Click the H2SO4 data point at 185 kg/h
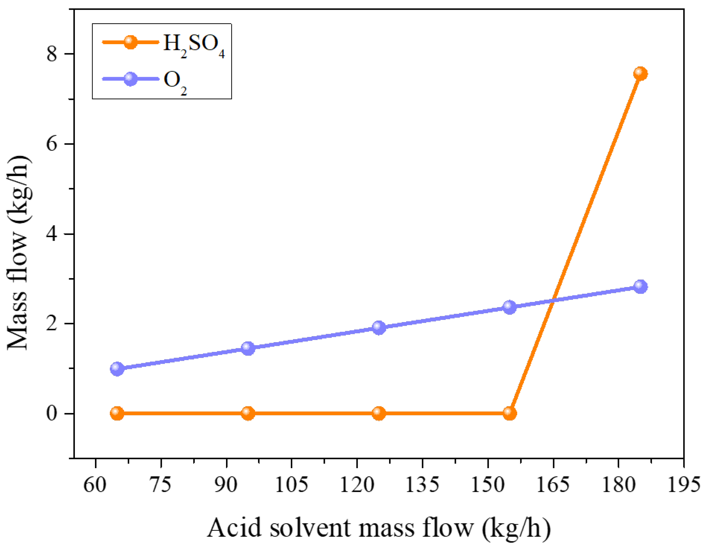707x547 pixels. (x=640, y=74)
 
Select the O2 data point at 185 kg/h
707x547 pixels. (x=640, y=286)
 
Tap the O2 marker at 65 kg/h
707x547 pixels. (x=117, y=369)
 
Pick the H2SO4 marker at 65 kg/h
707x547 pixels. (x=117, y=413)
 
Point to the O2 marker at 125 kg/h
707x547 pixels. (x=379, y=328)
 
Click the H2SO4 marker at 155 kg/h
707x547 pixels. (x=510, y=413)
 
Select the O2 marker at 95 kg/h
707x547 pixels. (x=248, y=348)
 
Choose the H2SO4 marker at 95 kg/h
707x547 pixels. (x=248, y=413)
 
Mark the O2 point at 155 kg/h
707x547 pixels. (x=510, y=307)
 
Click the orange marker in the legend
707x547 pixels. (x=131, y=42)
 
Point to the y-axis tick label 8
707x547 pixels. (x=52, y=54)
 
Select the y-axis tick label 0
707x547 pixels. (x=52, y=414)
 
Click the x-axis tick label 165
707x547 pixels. (x=553, y=485)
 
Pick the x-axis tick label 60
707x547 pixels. (x=95, y=485)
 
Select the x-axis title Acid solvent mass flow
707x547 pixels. (x=379, y=528)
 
